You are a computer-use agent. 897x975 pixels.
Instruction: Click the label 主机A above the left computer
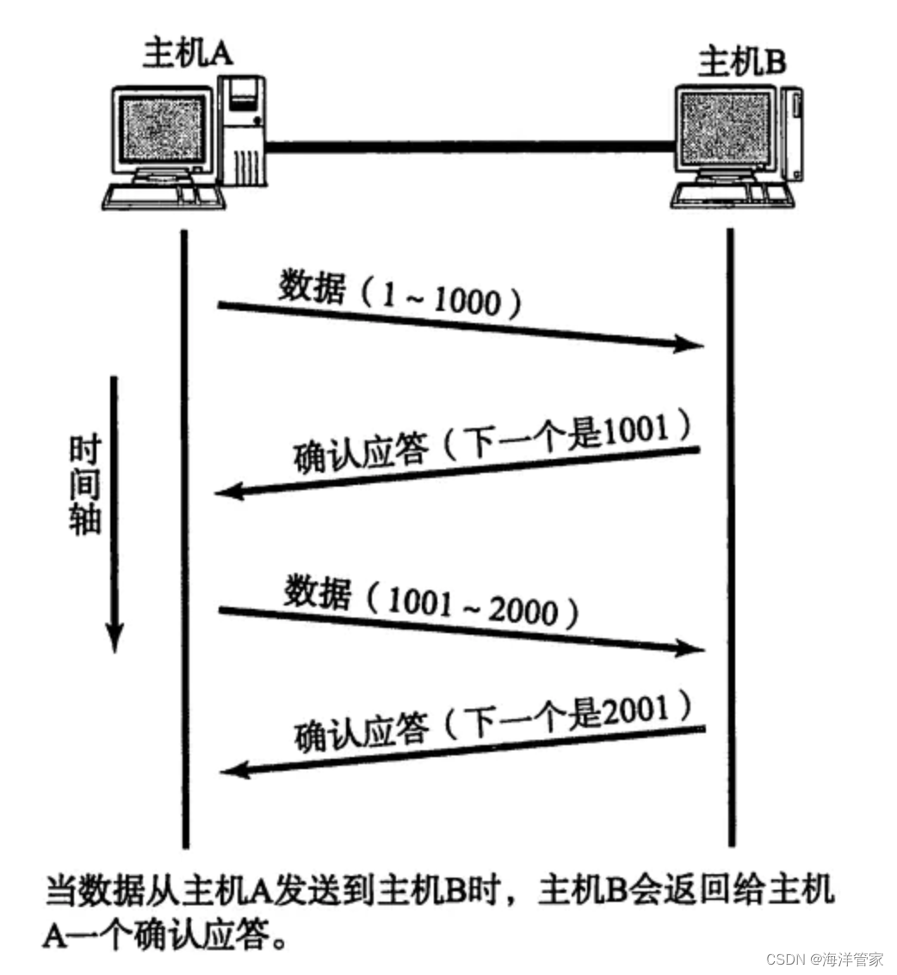(x=188, y=53)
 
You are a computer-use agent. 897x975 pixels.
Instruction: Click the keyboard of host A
(x=163, y=196)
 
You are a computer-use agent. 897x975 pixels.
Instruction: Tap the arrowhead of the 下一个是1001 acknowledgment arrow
(x=227, y=493)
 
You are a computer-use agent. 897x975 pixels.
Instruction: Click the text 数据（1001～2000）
(x=430, y=600)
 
